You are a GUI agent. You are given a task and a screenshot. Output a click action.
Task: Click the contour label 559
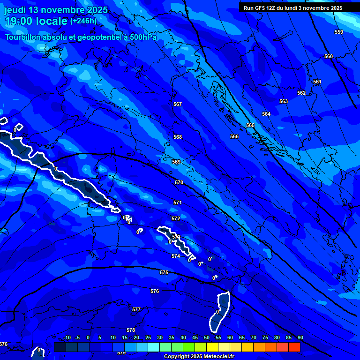[339, 32]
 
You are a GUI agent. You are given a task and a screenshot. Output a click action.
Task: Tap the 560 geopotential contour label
[329, 56]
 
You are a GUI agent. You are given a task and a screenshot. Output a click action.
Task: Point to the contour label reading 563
[284, 101]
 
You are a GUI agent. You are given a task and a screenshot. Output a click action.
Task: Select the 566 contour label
[234, 136]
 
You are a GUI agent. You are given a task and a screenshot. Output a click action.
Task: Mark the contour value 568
[178, 137]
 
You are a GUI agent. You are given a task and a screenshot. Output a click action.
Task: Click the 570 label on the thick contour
[179, 182]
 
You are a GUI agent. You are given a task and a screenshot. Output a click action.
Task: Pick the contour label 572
[176, 218]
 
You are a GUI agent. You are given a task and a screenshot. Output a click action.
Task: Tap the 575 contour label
[164, 272]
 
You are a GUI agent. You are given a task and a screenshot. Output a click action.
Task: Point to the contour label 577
[136, 309]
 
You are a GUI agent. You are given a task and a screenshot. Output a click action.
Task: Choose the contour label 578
[131, 330]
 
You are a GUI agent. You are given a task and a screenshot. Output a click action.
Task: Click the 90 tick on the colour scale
[300, 337]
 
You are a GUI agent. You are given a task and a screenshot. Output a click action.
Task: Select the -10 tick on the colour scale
[67, 337]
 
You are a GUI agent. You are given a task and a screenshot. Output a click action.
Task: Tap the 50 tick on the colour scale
[207, 337]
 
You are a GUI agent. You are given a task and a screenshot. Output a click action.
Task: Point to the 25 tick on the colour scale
[148, 337]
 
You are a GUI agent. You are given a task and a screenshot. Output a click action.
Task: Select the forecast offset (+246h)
[83, 21]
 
